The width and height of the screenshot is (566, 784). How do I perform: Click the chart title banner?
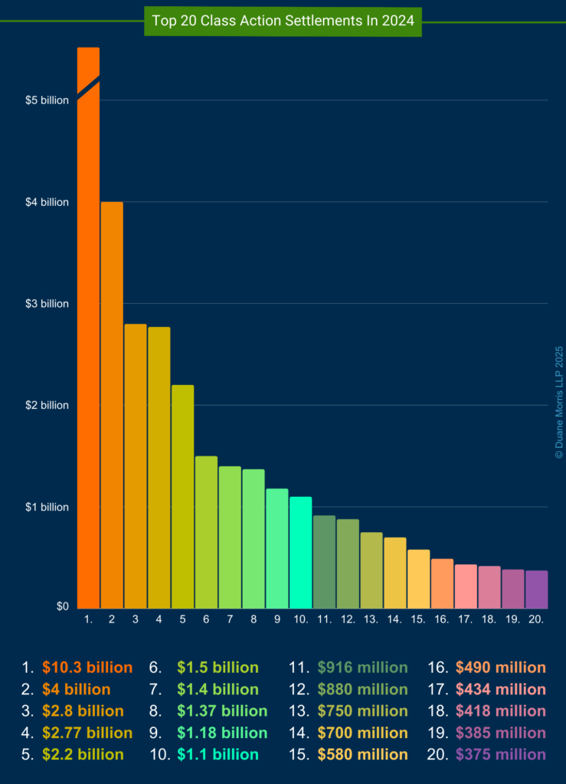(283, 21)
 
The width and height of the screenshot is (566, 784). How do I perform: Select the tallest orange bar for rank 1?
(88, 345)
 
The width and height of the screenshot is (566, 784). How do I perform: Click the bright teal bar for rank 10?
(300, 552)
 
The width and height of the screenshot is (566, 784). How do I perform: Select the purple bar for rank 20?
(536, 589)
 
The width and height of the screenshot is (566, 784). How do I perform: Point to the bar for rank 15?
(418, 578)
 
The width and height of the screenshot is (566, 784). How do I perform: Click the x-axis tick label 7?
(230, 619)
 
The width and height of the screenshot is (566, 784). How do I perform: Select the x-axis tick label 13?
(371, 619)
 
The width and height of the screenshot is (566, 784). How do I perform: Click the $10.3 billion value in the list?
(87, 668)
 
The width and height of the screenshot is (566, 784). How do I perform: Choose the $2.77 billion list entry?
(87, 733)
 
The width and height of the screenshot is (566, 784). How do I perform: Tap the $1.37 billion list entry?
(222, 711)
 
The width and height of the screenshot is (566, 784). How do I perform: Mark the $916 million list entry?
(362, 668)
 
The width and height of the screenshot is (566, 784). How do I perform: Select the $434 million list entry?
(500, 689)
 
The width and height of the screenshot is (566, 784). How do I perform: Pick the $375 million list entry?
(500, 755)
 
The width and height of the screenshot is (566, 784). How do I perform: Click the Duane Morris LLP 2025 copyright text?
(559, 401)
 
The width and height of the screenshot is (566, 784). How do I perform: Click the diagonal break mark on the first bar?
(88, 88)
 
